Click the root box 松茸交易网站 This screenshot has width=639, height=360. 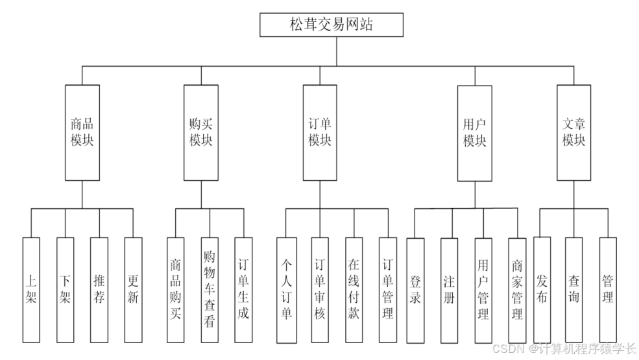[331, 25]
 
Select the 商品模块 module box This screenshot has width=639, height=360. [82, 132]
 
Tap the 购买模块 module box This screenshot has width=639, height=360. [200, 132]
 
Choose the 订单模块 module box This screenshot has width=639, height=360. [319, 132]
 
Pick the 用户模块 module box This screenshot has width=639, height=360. [474, 132]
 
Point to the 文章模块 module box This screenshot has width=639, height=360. [573, 132]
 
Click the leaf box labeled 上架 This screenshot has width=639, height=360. [31, 289]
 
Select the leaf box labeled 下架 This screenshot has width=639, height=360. [65, 289]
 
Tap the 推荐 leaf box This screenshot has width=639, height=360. [99, 289]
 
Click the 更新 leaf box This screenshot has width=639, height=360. [133, 289]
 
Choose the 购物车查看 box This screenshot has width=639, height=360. [209, 289]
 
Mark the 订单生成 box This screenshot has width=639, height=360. [243, 289]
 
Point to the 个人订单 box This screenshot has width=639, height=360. [285, 289]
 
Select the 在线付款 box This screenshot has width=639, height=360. [354, 289]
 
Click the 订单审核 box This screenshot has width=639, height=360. [320, 289]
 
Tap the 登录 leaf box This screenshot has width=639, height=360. [415, 289]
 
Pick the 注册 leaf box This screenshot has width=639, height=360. [449, 289]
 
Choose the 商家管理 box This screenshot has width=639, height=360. [517, 289]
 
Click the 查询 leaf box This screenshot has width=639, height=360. [574, 289]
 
